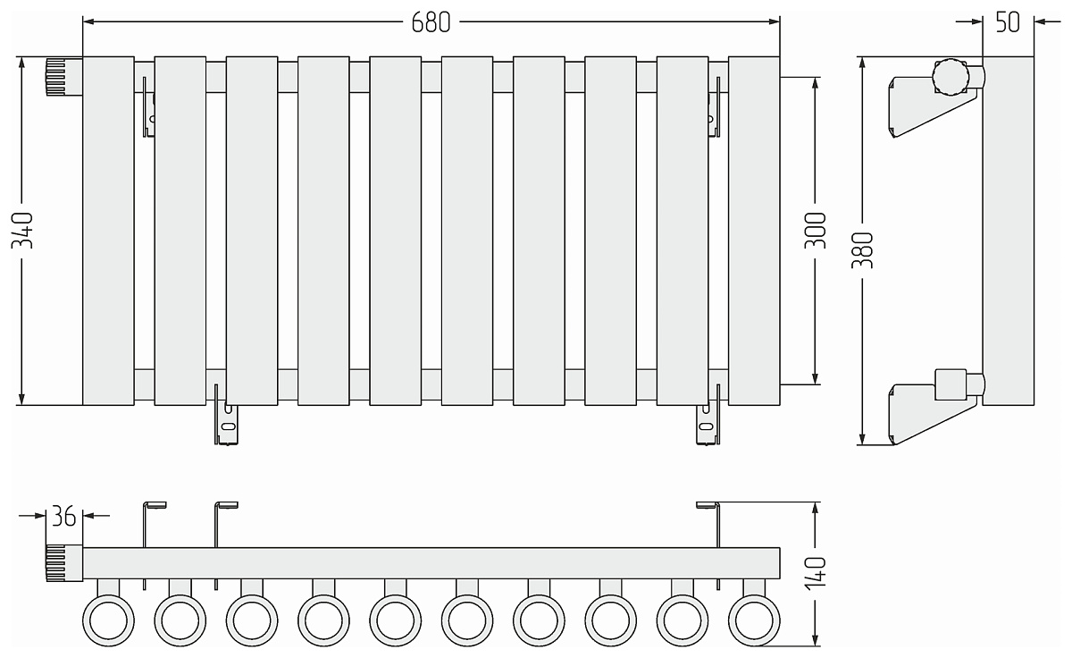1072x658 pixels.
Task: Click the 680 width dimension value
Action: tap(431, 22)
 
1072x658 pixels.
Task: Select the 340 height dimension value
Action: tap(22, 231)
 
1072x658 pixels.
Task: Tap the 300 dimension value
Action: tap(815, 231)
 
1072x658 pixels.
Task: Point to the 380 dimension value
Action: tap(862, 250)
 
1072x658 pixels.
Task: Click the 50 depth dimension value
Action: tap(1008, 22)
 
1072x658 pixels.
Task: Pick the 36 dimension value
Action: tap(63, 516)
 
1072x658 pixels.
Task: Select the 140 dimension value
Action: tap(815, 573)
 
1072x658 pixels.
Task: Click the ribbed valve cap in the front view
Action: tap(64, 77)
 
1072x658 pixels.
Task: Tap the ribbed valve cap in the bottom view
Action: tap(64, 563)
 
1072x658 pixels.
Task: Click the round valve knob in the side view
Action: tap(951, 77)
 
